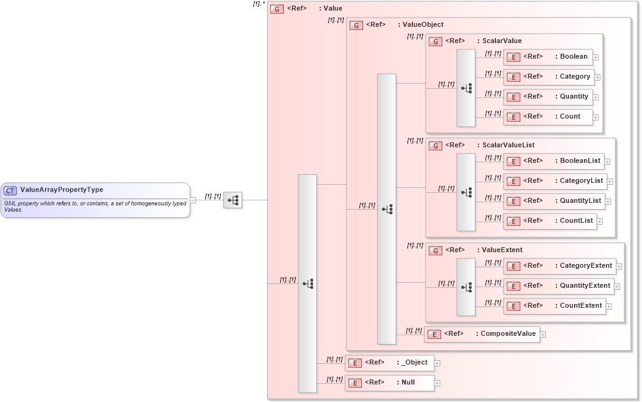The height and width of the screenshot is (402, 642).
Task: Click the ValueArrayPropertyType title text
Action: (62, 190)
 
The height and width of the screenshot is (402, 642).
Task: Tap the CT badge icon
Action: (10, 190)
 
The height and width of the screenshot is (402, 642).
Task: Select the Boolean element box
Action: (547, 57)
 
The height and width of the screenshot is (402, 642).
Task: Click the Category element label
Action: (575, 77)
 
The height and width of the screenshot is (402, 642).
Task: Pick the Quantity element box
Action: (548, 97)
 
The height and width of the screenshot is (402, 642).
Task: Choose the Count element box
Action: (548, 117)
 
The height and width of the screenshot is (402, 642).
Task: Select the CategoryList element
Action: (555, 181)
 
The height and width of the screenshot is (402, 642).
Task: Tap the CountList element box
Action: (550, 221)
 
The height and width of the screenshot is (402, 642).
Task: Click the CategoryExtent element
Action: (559, 266)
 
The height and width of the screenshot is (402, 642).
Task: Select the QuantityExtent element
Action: (558, 286)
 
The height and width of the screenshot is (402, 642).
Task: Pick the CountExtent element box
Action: (554, 306)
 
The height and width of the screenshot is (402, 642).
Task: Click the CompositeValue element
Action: (482, 334)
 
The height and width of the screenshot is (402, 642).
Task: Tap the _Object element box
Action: (389, 363)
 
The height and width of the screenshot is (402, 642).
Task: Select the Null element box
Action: (389, 383)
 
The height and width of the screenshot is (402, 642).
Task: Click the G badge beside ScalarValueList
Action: (435, 145)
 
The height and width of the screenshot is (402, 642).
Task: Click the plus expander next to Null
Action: (437, 383)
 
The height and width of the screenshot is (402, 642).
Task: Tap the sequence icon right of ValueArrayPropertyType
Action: (233, 200)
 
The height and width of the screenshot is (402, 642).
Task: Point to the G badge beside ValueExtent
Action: (435, 250)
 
